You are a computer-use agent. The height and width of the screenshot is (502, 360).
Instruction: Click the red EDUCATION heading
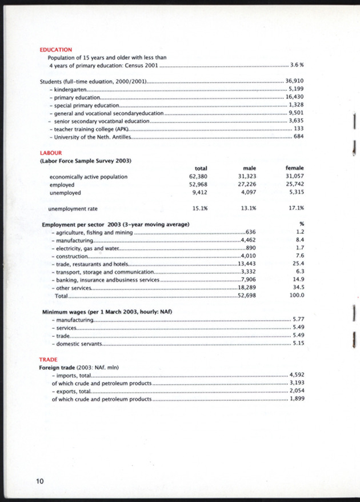(x=55, y=50)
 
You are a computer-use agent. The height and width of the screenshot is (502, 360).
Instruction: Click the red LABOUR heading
(x=50, y=153)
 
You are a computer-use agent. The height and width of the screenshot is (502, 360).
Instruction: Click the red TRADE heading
(x=48, y=359)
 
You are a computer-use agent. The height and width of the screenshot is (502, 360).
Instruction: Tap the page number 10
(x=39, y=481)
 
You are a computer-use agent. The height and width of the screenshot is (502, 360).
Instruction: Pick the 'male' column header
(x=249, y=168)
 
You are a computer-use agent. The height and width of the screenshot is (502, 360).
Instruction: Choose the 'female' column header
(x=294, y=168)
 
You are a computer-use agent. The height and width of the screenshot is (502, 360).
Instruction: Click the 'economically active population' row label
(x=89, y=177)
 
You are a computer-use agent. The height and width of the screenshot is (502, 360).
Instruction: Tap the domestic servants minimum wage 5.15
(x=298, y=344)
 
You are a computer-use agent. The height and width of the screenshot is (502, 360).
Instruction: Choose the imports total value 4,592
(x=297, y=375)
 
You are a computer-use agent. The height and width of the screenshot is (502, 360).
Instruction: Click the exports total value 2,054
(x=297, y=391)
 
